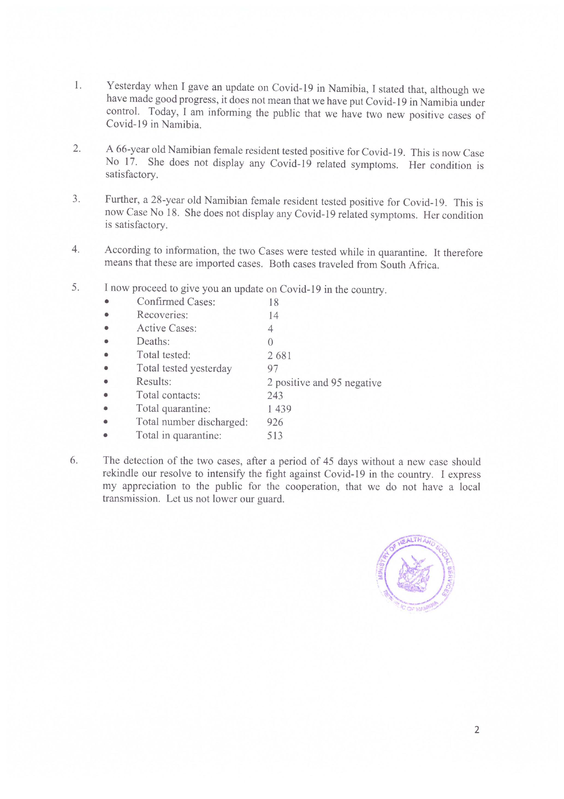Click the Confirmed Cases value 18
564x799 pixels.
coord(273,302)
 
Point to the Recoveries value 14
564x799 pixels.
coord(273,315)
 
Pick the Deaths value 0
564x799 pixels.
coord(270,342)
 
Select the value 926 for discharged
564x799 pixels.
coord(275,422)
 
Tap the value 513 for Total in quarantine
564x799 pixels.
coord(275,435)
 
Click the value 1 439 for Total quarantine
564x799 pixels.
coord(279,409)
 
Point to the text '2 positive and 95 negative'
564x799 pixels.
coord(324,383)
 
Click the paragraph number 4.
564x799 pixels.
coord(75,249)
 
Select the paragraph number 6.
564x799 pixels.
coord(74,460)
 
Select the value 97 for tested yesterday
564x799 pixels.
coord(273,369)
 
